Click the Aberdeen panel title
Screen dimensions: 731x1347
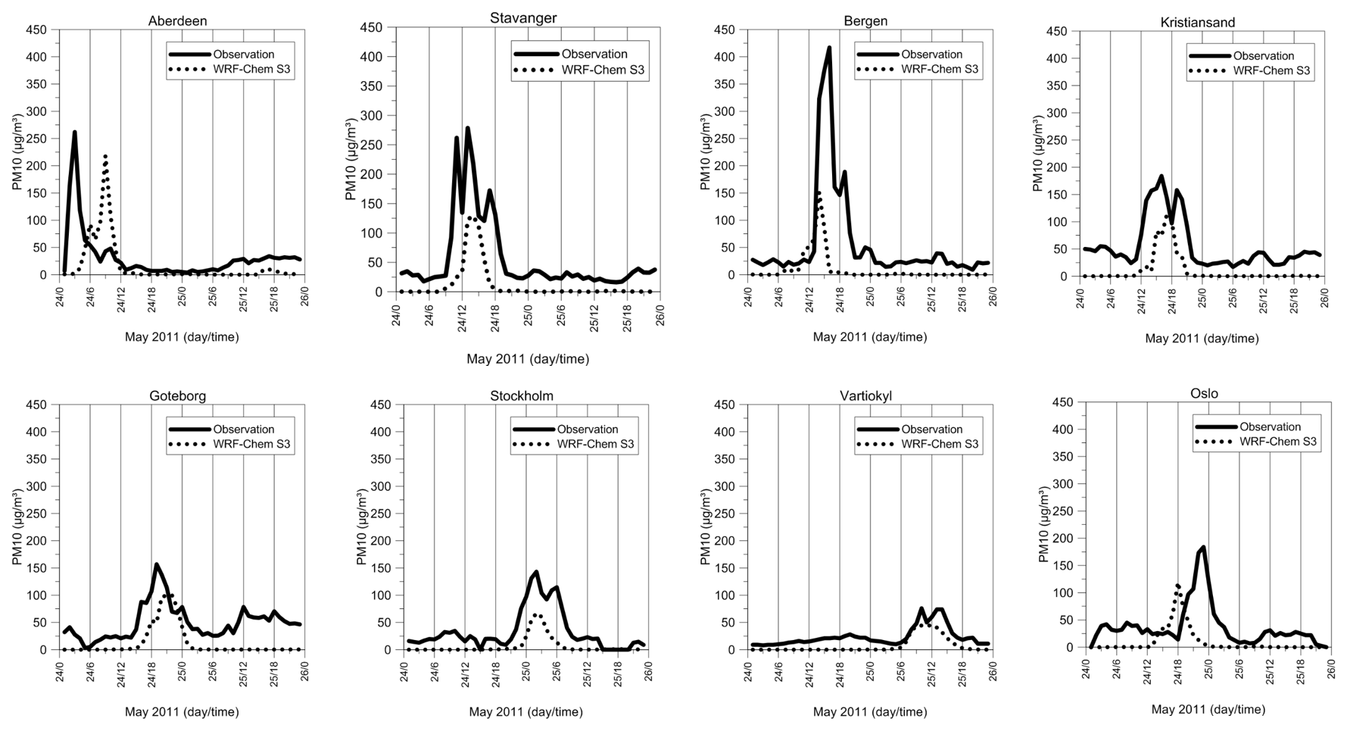point(177,21)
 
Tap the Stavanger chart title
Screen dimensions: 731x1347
point(523,18)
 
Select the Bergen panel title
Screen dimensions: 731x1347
point(865,21)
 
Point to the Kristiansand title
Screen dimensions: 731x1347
point(1198,23)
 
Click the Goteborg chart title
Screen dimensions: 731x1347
point(177,396)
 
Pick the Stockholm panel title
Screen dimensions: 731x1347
point(522,396)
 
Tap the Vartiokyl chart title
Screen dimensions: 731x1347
point(865,396)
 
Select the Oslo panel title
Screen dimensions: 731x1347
point(1204,393)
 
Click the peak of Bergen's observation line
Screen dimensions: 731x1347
point(829,48)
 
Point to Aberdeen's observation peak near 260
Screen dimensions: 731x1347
point(74,133)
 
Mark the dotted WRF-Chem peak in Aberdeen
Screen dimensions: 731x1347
point(105,156)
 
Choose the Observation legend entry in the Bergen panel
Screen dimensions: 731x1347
point(931,55)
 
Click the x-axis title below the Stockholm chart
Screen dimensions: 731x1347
point(525,712)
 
